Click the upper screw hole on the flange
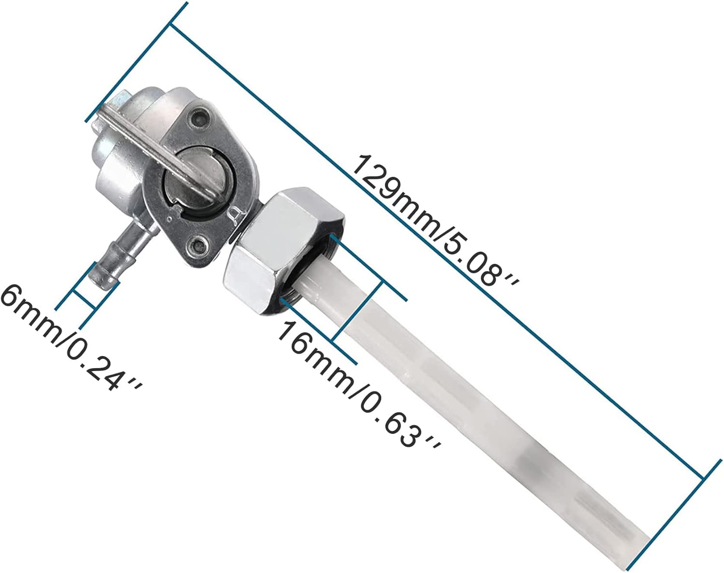pyautogui.click(x=200, y=116)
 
